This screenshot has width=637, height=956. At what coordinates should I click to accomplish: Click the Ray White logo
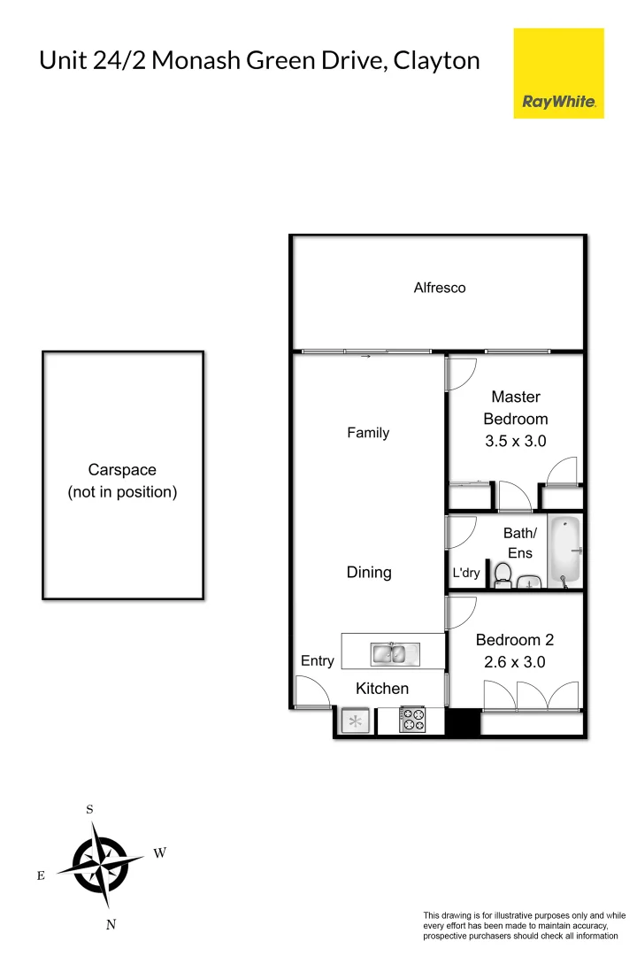coord(558,73)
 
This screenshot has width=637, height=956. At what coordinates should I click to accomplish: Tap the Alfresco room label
coord(440,288)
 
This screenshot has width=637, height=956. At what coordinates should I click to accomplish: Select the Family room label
coord(368,433)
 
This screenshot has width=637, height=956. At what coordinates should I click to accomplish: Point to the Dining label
coord(369,572)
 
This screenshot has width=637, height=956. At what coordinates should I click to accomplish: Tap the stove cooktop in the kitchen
coord(412,720)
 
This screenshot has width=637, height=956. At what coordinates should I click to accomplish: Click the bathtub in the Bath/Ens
coord(564,552)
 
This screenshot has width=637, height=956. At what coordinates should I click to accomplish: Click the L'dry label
coord(465,573)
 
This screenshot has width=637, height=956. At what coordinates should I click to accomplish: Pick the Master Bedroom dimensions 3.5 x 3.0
coord(516,441)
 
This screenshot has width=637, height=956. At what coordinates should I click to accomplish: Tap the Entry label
coord(318,660)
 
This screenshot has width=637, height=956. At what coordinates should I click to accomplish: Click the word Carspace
coord(122,470)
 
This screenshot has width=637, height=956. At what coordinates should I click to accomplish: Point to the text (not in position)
coord(122,492)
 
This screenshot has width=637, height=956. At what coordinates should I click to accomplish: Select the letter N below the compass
coord(111,925)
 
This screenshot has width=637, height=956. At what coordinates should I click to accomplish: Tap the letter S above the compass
coord(89,809)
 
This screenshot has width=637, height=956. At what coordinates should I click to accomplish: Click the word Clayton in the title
coord(437,60)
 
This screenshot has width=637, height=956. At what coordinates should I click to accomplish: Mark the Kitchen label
coord(382,688)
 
